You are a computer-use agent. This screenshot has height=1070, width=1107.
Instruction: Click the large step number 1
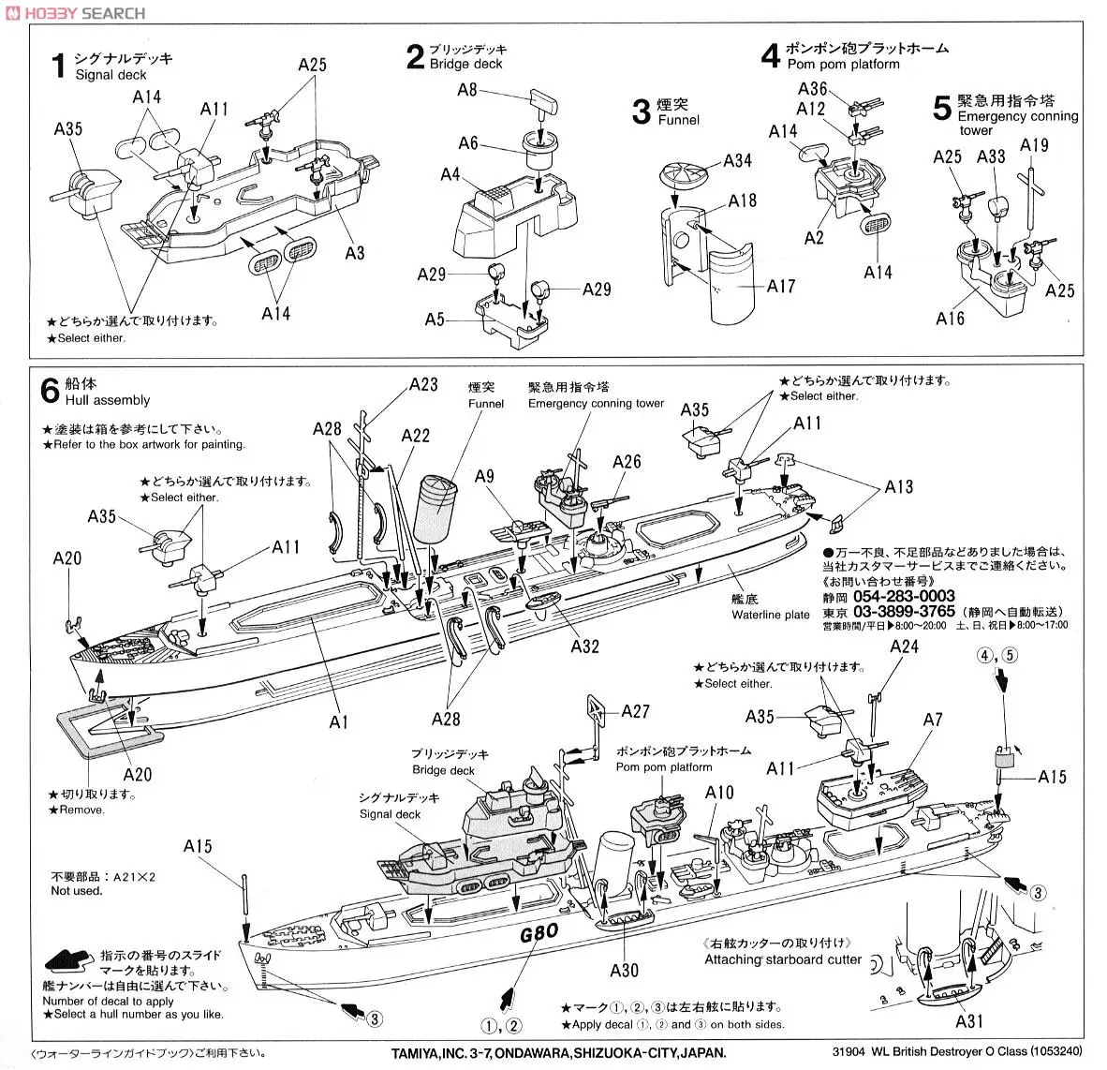point(58,67)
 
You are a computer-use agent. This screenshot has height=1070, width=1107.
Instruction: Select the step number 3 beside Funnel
point(641,112)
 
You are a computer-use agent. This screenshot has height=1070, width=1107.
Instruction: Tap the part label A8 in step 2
point(467,90)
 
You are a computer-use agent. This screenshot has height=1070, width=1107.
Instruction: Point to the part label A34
point(737,161)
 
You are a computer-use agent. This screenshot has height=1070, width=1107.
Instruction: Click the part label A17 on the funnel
point(780,286)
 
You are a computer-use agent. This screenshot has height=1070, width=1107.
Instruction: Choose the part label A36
point(813,89)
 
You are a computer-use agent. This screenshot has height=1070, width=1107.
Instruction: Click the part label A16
point(949,318)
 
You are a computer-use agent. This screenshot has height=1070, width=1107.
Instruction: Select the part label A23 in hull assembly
point(423,384)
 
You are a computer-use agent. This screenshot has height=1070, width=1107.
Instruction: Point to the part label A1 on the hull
point(339,721)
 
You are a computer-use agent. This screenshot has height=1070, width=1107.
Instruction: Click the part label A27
point(635,712)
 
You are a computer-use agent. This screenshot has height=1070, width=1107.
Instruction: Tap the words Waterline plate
point(771,615)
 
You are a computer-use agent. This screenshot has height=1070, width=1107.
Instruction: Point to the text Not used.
point(77,891)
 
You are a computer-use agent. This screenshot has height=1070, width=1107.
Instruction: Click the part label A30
point(624,971)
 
